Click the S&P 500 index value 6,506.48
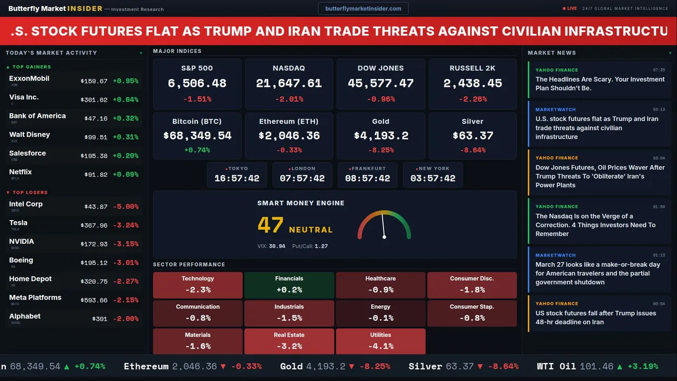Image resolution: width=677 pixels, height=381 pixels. click(x=197, y=84)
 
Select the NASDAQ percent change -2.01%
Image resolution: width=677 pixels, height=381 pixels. click(x=289, y=99)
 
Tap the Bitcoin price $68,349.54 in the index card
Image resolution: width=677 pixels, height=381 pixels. click(x=197, y=136)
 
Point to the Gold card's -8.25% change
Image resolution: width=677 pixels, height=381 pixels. click(x=381, y=150)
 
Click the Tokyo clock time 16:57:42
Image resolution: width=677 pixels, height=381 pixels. click(x=237, y=179)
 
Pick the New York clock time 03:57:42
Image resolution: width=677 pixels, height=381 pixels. click(x=433, y=179)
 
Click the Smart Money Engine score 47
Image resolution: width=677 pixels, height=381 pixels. click(x=271, y=225)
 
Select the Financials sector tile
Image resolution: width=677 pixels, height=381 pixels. click(x=289, y=285)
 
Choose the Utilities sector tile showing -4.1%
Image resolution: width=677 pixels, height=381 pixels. click(x=381, y=341)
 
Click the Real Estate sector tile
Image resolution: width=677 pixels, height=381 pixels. click(x=289, y=341)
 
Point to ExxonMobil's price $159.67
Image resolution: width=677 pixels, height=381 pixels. click(x=94, y=81)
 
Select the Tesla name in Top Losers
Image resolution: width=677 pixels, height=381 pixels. click(x=19, y=223)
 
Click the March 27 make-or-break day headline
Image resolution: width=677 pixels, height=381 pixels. click(x=598, y=274)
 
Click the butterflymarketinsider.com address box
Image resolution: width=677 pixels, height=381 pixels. click(x=363, y=8)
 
